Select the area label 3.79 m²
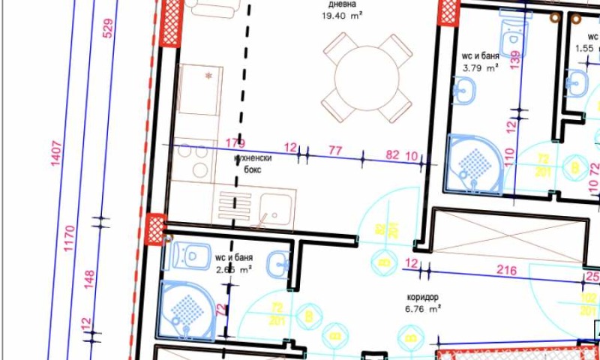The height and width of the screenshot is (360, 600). pos(481,67)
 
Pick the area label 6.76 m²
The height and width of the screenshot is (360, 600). pos(423,308)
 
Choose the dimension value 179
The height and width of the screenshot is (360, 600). pos(235,144)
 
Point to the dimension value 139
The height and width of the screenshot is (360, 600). pos(514,60)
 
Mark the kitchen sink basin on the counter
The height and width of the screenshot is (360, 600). pos(275,204)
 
